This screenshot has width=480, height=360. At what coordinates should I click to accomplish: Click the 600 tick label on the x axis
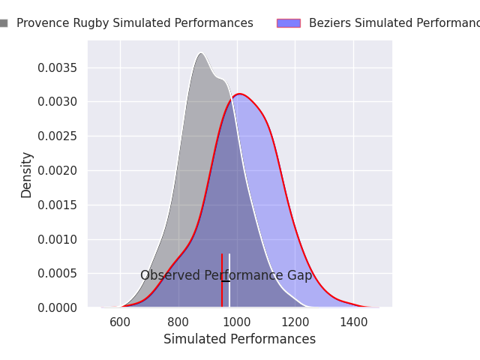point(120,322)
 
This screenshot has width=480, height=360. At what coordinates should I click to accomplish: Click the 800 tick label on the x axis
point(178,322)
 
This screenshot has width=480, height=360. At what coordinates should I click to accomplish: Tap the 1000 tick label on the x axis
point(237,322)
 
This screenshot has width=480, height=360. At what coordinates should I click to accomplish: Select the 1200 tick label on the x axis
point(295,322)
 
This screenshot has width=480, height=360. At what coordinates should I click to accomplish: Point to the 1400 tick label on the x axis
point(353,322)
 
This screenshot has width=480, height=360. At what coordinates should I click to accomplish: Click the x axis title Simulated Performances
point(239,340)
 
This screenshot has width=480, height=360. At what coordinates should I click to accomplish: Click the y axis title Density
point(27,175)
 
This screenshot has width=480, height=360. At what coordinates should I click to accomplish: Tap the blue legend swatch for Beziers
point(288,23)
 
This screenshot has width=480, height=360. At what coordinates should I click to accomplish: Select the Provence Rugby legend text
point(135,23)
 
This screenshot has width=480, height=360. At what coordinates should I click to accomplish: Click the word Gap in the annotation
point(299,276)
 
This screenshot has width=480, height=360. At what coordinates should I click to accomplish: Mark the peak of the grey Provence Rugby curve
point(201,53)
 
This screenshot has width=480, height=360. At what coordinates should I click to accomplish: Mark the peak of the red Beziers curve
point(239,94)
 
